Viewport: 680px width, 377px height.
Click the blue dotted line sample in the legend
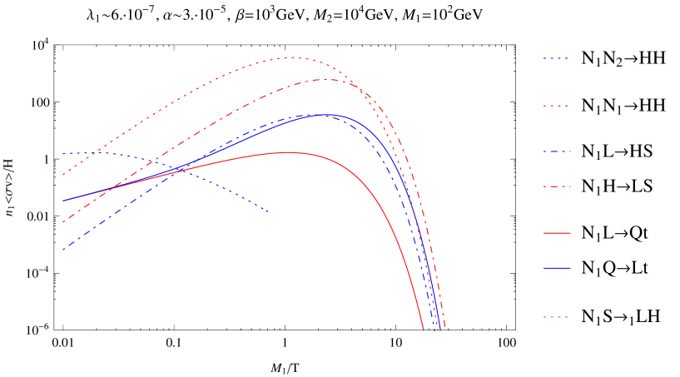coord(556,58)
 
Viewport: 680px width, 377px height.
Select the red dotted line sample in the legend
coord(556,106)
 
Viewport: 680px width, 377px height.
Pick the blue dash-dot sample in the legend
coord(556,151)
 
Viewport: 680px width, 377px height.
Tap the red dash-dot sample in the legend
coord(556,186)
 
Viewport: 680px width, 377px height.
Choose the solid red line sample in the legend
coord(556,233)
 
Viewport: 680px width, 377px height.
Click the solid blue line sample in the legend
coord(556,268)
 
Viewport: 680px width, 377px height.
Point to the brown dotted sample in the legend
coord(556,317)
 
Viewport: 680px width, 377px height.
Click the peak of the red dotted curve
coord(291,57)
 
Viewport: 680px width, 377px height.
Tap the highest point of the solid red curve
coord(289,152)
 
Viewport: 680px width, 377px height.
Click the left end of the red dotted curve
coord(62,176)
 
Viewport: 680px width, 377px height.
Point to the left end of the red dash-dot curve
coord(62,222)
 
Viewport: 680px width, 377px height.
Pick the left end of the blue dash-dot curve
coord(62,250)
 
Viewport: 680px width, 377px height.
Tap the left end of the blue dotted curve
coord(62,153)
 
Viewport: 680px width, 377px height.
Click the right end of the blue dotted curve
coord(270,212)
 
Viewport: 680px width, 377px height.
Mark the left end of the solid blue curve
coord(62,201)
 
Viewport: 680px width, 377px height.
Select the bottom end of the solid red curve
coord(424,330)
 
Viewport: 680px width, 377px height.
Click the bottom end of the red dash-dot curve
coord(445,328)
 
